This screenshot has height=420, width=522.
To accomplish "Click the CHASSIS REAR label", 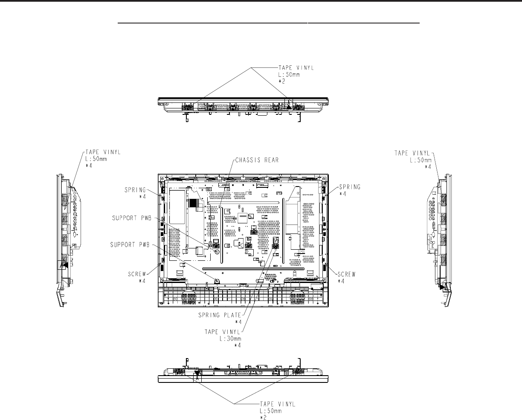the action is click(x=257, y=160).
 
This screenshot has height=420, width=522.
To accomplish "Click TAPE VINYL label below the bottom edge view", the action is click(x=278, y=403).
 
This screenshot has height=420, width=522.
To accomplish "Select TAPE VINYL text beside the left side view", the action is click(x=103, y=152).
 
